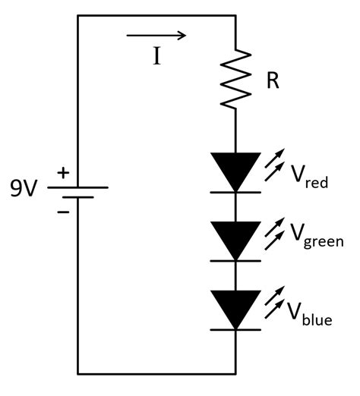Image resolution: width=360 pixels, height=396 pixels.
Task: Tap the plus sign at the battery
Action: pyautogui.click(x=63, y=174)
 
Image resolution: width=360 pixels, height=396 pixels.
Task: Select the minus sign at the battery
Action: pyautogui.click(x=63, y=210)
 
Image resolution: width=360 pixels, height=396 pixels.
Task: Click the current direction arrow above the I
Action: pyautogui.click(x=156, y=35)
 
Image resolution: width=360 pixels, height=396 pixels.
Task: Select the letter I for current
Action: pyautogui.click(x=156, y=57)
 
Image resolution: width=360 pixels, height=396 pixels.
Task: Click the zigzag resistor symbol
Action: pyautogui.click(x=236, y=80)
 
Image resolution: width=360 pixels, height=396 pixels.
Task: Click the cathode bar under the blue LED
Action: pyautogui.click(x=235, y=329)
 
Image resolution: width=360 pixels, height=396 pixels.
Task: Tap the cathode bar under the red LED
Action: pyautogui.click(x=235, y=192)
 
